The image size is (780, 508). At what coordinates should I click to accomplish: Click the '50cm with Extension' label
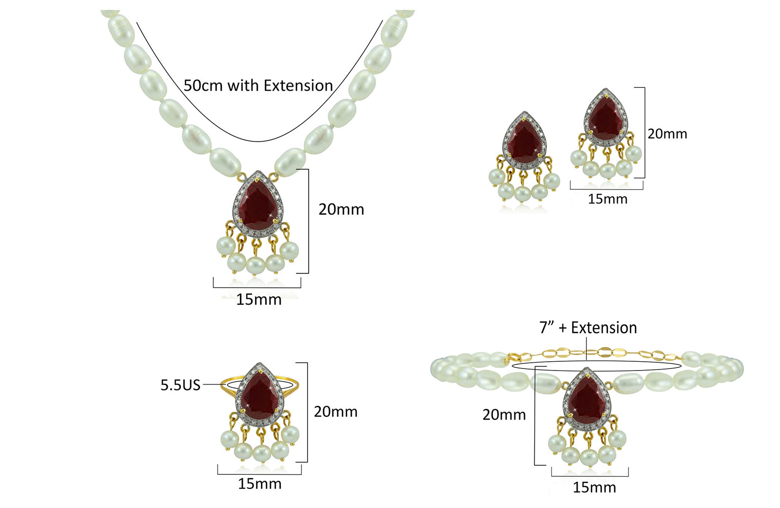pyautogui.click(x=258, y=86)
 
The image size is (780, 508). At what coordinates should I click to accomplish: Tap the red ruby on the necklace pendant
pyautogui.click(x=258, y=206)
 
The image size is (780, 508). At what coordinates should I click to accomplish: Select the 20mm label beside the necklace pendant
pyautogui.click(x=341, y=210)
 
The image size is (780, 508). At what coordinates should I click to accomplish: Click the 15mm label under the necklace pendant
pyautogui.click(x=259, y=299)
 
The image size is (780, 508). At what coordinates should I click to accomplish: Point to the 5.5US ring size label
pyautogui.click(x=180, y=385)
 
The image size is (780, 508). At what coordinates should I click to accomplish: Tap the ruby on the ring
pyautogui.click(x=260, y=394)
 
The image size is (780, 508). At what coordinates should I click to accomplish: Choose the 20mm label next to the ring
pyautogui.click(x=336, y=412)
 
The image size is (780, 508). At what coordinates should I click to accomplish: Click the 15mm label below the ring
pyautogui.click(x=260, y=484)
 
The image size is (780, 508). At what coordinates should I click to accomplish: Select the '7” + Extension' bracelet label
pyautogui.click(x=588, y=328)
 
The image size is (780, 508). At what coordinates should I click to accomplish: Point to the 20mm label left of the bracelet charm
pyautogui.click(x=504, y=415)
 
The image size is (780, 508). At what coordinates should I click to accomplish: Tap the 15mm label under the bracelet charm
pyautogui.click(x=594, y=488)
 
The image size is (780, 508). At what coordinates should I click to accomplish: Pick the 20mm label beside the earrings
pyautogui.click(x=667, y=134)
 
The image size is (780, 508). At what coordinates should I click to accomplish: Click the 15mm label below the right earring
pyautogui.click(x=607, y=199)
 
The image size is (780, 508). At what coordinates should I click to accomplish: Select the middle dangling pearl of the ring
pyautogui.click(x=261, y=453)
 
